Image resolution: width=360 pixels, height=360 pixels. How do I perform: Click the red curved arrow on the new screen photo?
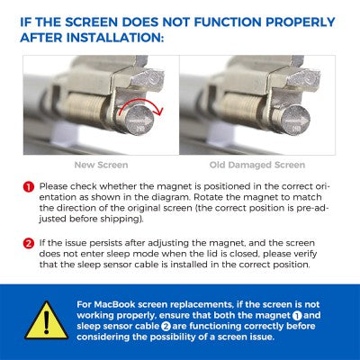pyautogui.click(x=141, y=102)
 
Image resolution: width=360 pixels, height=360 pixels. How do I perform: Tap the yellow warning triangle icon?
pyautogui.click(x=46, y=321)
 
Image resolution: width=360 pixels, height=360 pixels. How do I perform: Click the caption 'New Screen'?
pyautogui.click(x=101, y=165)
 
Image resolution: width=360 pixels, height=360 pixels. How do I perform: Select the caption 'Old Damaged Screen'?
pyautogui.click(x=257, y=165)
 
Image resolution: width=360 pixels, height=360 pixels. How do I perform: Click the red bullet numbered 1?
pyautogui.click(x=29, y=187)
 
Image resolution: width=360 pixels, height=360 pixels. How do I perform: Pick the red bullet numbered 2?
pyautogui.click(x=29, y=243)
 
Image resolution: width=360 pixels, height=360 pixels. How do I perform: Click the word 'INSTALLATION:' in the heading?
pyautogui.click(x=115, y=38)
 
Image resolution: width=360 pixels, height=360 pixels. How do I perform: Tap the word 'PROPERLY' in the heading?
pyautogui.click(x=301, y=22)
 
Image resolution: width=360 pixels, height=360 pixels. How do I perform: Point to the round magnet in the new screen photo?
pyautogui.click(x=139, y=119)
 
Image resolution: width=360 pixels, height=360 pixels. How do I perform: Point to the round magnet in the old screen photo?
pyautogui.click(x=295, y=119)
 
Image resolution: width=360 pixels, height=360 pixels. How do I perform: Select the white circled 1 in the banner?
pyautogui.click(x=297, y=316)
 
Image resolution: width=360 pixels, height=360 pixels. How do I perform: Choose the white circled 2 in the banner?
pyautogui.click(x=166, y=327)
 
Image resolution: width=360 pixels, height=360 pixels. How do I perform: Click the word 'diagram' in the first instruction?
pyautogui.click(x=170, y=198)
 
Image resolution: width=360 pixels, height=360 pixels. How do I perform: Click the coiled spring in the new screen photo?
pyautogui.click(x=87, y=111)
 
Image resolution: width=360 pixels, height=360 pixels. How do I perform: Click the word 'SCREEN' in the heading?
pyautogui.click(x=91, y=22)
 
